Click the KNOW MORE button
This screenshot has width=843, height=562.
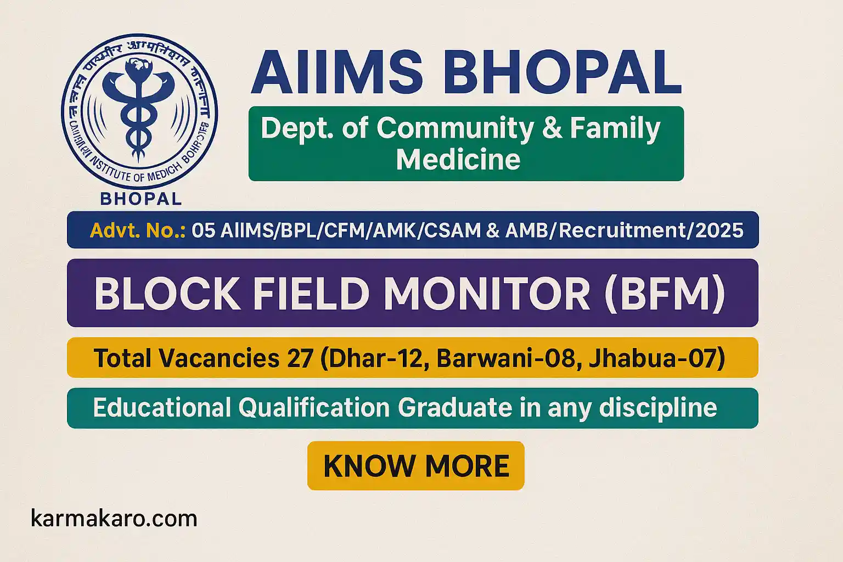pos(416,466)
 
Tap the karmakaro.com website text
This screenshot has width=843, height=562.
pos(114,519)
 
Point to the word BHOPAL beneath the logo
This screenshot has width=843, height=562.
pos(141,199)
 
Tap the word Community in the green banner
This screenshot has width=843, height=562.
pos(455,128)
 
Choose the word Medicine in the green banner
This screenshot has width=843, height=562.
pos(458,160)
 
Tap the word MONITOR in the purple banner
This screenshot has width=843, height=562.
pos(487,294)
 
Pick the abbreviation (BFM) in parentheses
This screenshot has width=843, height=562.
pos(664,294)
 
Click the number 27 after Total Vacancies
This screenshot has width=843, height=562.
pos(299,358)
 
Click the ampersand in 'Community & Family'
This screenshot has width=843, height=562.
pos(551,128)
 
